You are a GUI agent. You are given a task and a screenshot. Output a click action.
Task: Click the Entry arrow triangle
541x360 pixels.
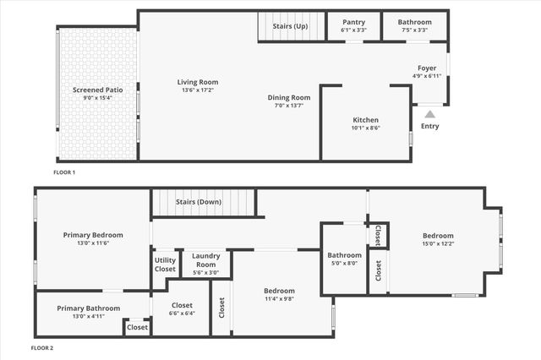(x=429, y=114)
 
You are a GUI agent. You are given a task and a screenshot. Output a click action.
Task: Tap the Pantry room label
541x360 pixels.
(x=353, y=23)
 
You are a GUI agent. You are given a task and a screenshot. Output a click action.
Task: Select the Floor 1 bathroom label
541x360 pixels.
(x=414, y=23)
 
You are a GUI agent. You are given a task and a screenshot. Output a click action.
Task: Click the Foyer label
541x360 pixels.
(x=427, y=68)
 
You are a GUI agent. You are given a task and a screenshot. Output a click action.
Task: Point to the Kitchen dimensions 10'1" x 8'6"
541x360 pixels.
(x=365, y=128)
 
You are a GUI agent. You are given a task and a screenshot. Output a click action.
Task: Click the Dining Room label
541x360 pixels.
(x=289, y=98)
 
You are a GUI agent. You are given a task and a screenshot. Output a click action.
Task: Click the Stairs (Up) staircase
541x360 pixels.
(x=292, y=26)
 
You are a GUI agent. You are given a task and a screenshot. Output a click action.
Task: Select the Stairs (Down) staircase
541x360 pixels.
(x=203, y=203)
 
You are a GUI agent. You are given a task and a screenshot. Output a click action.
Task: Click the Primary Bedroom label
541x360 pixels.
(x=93, y=235)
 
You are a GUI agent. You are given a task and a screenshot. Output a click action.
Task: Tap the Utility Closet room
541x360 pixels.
(x=166, y=264)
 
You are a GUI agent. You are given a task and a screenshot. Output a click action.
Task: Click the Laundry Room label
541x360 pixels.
(x=206, y=256)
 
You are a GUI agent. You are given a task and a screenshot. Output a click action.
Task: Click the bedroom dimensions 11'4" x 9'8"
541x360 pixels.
(x=279, y=298)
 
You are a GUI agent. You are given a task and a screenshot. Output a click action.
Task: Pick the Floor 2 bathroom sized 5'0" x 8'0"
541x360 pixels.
(x=345, y=259)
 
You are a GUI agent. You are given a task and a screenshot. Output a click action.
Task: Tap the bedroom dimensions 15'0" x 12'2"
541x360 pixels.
(x=438, y=244)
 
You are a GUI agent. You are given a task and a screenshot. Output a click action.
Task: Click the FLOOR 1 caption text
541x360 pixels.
(x=64, y=172)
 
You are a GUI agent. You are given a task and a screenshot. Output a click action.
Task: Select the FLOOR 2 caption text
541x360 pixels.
(x=42, y=347)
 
